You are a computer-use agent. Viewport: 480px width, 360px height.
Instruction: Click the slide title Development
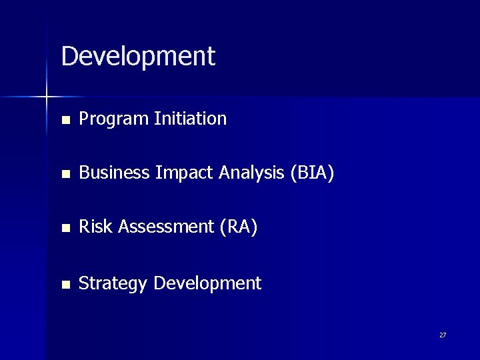pos(138,57)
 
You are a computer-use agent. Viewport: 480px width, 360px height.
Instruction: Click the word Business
pos(114,173)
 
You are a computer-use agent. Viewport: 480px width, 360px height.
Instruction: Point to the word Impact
pos(180,174)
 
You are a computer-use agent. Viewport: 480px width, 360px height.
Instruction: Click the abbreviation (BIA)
pos(312,174)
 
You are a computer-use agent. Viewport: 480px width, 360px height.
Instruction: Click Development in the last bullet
pos(207,284)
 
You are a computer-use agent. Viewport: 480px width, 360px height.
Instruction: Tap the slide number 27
pos(443,335)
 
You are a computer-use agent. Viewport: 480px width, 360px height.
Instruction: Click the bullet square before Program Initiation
pos(64,121)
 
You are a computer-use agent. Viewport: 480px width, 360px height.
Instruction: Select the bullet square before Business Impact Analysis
pos(64,175)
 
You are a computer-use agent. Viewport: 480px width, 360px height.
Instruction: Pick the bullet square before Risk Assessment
pos(64,229)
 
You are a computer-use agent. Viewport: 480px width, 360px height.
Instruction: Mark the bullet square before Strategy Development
pos(64,285)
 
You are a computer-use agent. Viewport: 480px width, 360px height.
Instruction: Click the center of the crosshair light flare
pos(47,97)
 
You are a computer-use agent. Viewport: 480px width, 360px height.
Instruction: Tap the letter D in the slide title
pos(69,57)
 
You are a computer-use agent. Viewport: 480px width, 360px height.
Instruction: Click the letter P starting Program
pos(84,119)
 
